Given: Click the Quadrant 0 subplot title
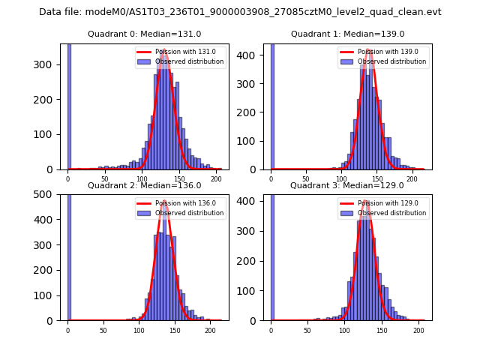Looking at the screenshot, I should coord(145,34).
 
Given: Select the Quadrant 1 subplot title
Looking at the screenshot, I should coord(347,34).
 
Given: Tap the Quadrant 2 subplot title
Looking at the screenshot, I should coord(145,185).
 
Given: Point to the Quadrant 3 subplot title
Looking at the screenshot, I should coord(347,185).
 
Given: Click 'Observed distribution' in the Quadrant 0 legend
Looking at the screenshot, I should coord(189,61).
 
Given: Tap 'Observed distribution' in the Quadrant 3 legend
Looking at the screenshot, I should coord(391,213).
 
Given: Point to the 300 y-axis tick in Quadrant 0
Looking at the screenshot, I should coord(51,64).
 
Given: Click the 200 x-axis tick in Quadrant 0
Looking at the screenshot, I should coord(216,178).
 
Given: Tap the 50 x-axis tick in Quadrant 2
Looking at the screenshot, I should coord(103,330).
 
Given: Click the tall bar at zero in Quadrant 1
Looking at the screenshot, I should coord(272,105).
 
